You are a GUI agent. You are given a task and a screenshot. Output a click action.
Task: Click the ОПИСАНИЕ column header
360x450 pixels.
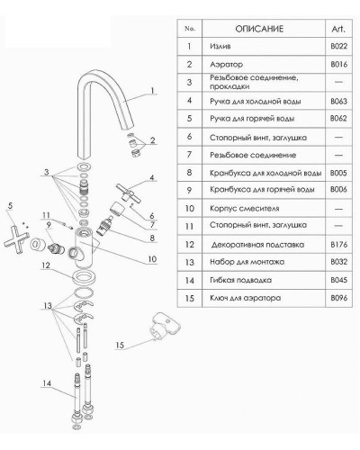[259, 29]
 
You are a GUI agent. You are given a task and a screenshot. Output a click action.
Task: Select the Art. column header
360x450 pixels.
[338, 29]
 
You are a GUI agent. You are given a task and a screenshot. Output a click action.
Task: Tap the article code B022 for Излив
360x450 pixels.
[339, 47]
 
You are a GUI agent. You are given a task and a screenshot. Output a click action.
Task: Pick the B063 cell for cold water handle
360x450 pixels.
[339, 101]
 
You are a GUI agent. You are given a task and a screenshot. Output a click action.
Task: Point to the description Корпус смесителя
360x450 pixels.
[245, 209]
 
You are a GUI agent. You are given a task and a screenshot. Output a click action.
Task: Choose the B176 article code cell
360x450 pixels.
[339, 245]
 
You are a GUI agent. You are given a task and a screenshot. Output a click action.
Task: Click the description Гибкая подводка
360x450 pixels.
[241, 280]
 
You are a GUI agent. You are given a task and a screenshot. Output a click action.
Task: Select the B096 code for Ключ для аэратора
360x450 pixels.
[339, 298]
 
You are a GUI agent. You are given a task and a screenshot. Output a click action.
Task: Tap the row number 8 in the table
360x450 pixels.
[189, 173]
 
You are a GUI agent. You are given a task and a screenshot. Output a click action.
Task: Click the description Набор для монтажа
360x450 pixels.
[247, 262]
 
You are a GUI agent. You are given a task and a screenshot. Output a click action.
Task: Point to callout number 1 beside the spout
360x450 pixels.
[152, 91]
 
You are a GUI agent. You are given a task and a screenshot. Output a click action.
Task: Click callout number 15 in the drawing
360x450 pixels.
[120, 346]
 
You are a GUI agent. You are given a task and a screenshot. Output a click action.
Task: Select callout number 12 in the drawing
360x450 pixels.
[46, 265]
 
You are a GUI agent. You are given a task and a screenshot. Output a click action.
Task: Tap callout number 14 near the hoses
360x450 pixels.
[47, 383]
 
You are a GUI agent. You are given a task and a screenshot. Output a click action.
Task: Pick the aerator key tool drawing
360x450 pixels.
[165, 327]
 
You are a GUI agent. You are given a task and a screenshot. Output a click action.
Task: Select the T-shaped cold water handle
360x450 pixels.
[129, 193]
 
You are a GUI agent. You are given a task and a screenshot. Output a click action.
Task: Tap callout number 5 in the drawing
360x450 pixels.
[11, 206]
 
